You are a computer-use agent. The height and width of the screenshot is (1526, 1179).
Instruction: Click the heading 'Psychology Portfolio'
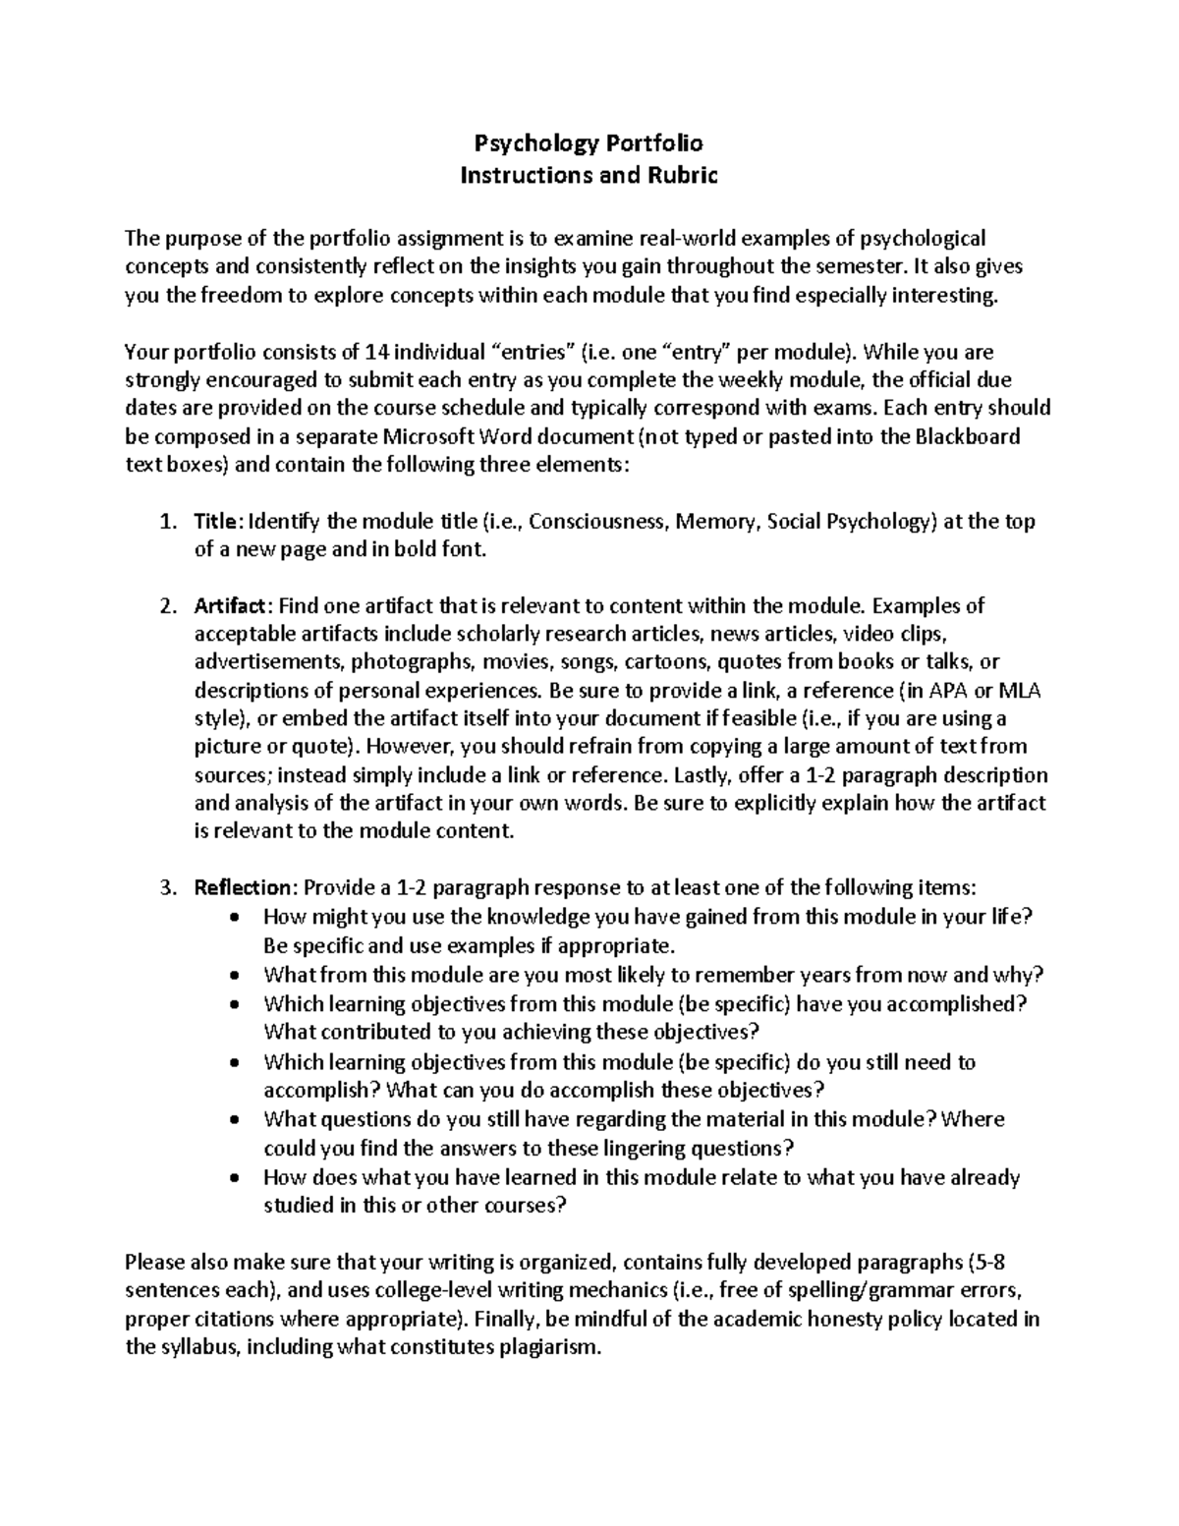pos(589,143)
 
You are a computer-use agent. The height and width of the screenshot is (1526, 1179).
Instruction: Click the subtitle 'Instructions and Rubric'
pos(589,176)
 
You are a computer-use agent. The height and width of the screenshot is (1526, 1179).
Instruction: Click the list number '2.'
pos(167,605)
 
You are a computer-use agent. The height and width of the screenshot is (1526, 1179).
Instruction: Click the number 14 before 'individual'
pos(374,352)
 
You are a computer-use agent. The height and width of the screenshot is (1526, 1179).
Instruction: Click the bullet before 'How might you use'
pos(232,918)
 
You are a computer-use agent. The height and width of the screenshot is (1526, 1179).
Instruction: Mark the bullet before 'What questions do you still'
pos(232,1120)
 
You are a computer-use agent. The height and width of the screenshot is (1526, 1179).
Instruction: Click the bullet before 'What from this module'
pos(232,976)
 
